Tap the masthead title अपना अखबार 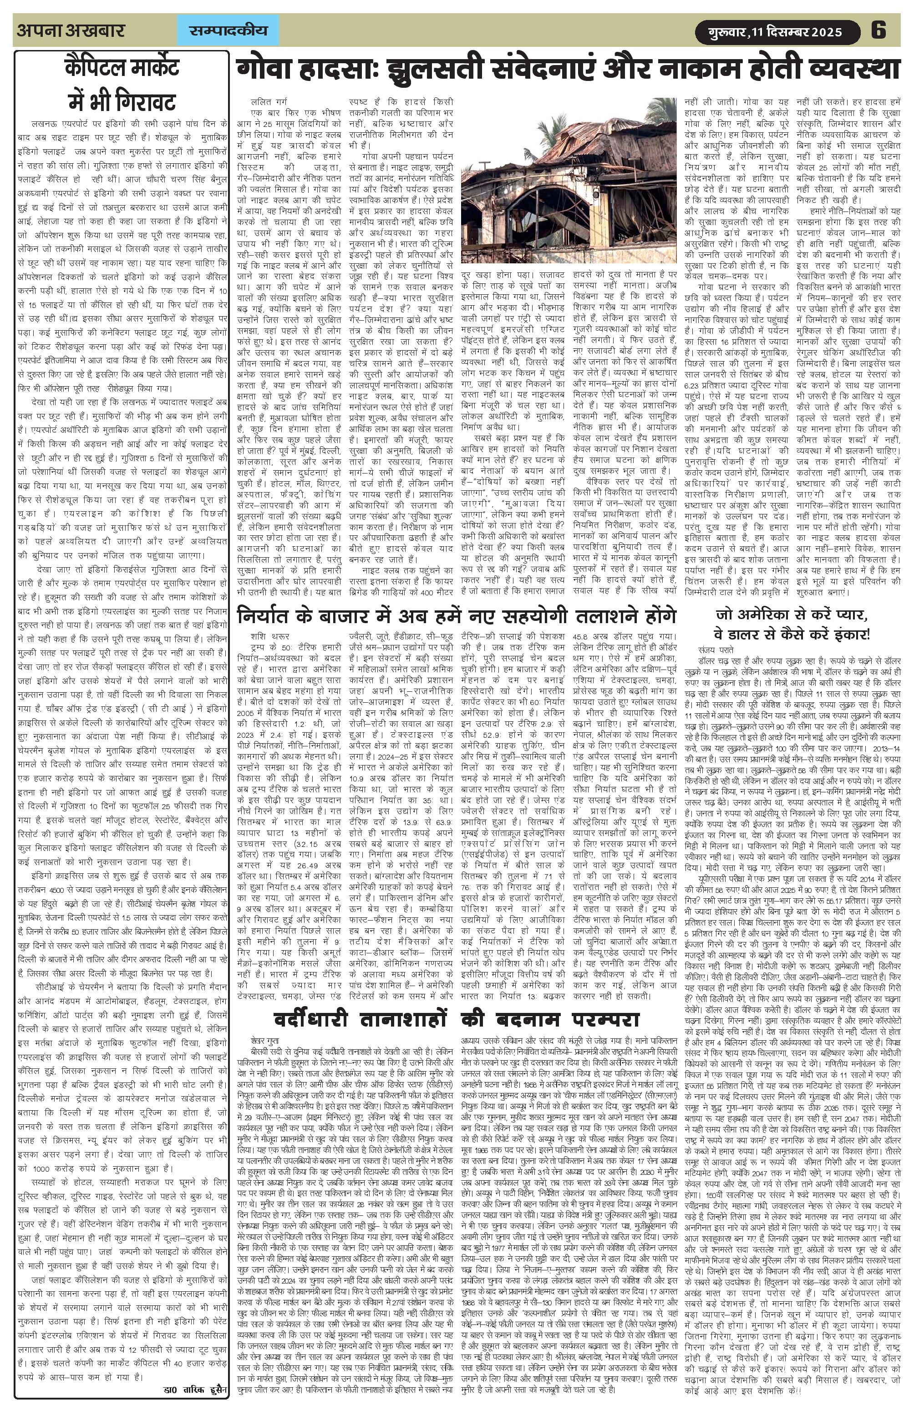tap(71, 30)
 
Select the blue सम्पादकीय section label tap(228, 30)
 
